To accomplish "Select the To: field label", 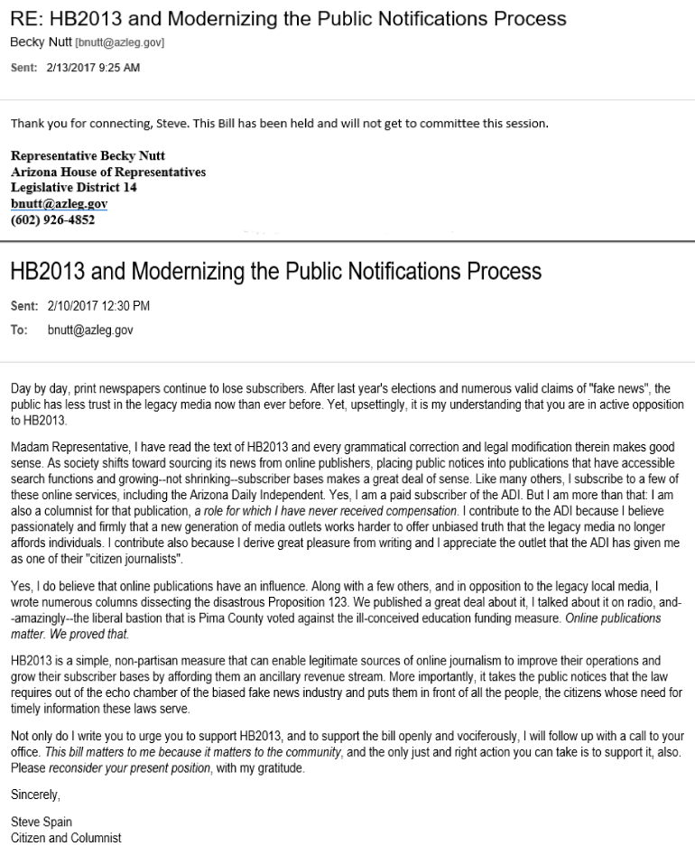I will click(19, 330).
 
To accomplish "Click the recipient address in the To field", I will click(90, 330).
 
